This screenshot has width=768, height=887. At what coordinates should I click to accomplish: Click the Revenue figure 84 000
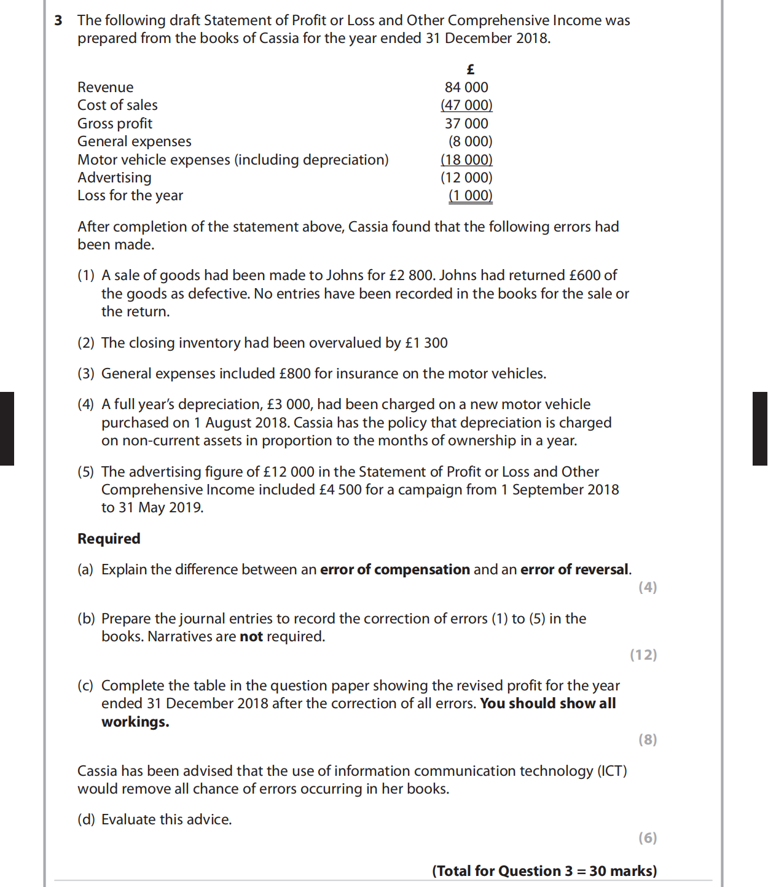(x=466, y=87)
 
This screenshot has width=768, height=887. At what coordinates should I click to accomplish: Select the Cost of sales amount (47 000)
(x=466, y=105)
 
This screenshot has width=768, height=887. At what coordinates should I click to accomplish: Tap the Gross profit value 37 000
(x=466, y=123)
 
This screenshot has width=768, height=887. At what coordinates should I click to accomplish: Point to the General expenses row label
(x=135, y=141)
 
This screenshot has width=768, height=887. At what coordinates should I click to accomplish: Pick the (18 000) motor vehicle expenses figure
(x=466, y=160)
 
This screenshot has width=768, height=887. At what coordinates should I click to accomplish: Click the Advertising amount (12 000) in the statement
(x=466, y=178)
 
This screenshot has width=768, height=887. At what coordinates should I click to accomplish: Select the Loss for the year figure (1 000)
(x=470, y=195)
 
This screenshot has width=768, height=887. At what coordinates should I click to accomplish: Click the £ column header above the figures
(x=471, y=69)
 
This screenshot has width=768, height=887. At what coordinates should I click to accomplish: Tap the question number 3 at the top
(x=58, y=20)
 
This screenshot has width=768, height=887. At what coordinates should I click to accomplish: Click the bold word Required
(x=109, y=539)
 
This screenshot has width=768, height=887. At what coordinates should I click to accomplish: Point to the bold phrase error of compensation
(x=395, y=569)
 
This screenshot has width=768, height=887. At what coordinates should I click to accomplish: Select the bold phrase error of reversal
(x=574, y=569)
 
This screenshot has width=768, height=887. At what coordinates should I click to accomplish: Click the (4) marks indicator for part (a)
(x=648, y=587)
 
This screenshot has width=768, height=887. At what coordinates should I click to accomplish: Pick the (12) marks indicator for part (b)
(x=643, y=655)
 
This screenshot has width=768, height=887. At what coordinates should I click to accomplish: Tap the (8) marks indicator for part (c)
(x=648, y=740)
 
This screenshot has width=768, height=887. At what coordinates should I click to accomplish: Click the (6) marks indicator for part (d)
(x=648, y=838)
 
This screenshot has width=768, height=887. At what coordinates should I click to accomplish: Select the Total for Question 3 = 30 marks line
(x=544, y=871)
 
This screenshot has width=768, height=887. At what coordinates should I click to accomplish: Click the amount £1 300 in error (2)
(x=426, y=343)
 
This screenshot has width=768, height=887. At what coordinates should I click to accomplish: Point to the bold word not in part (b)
(x=251, y=636)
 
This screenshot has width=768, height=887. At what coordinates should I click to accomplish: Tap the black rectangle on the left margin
(x=7, y=429)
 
